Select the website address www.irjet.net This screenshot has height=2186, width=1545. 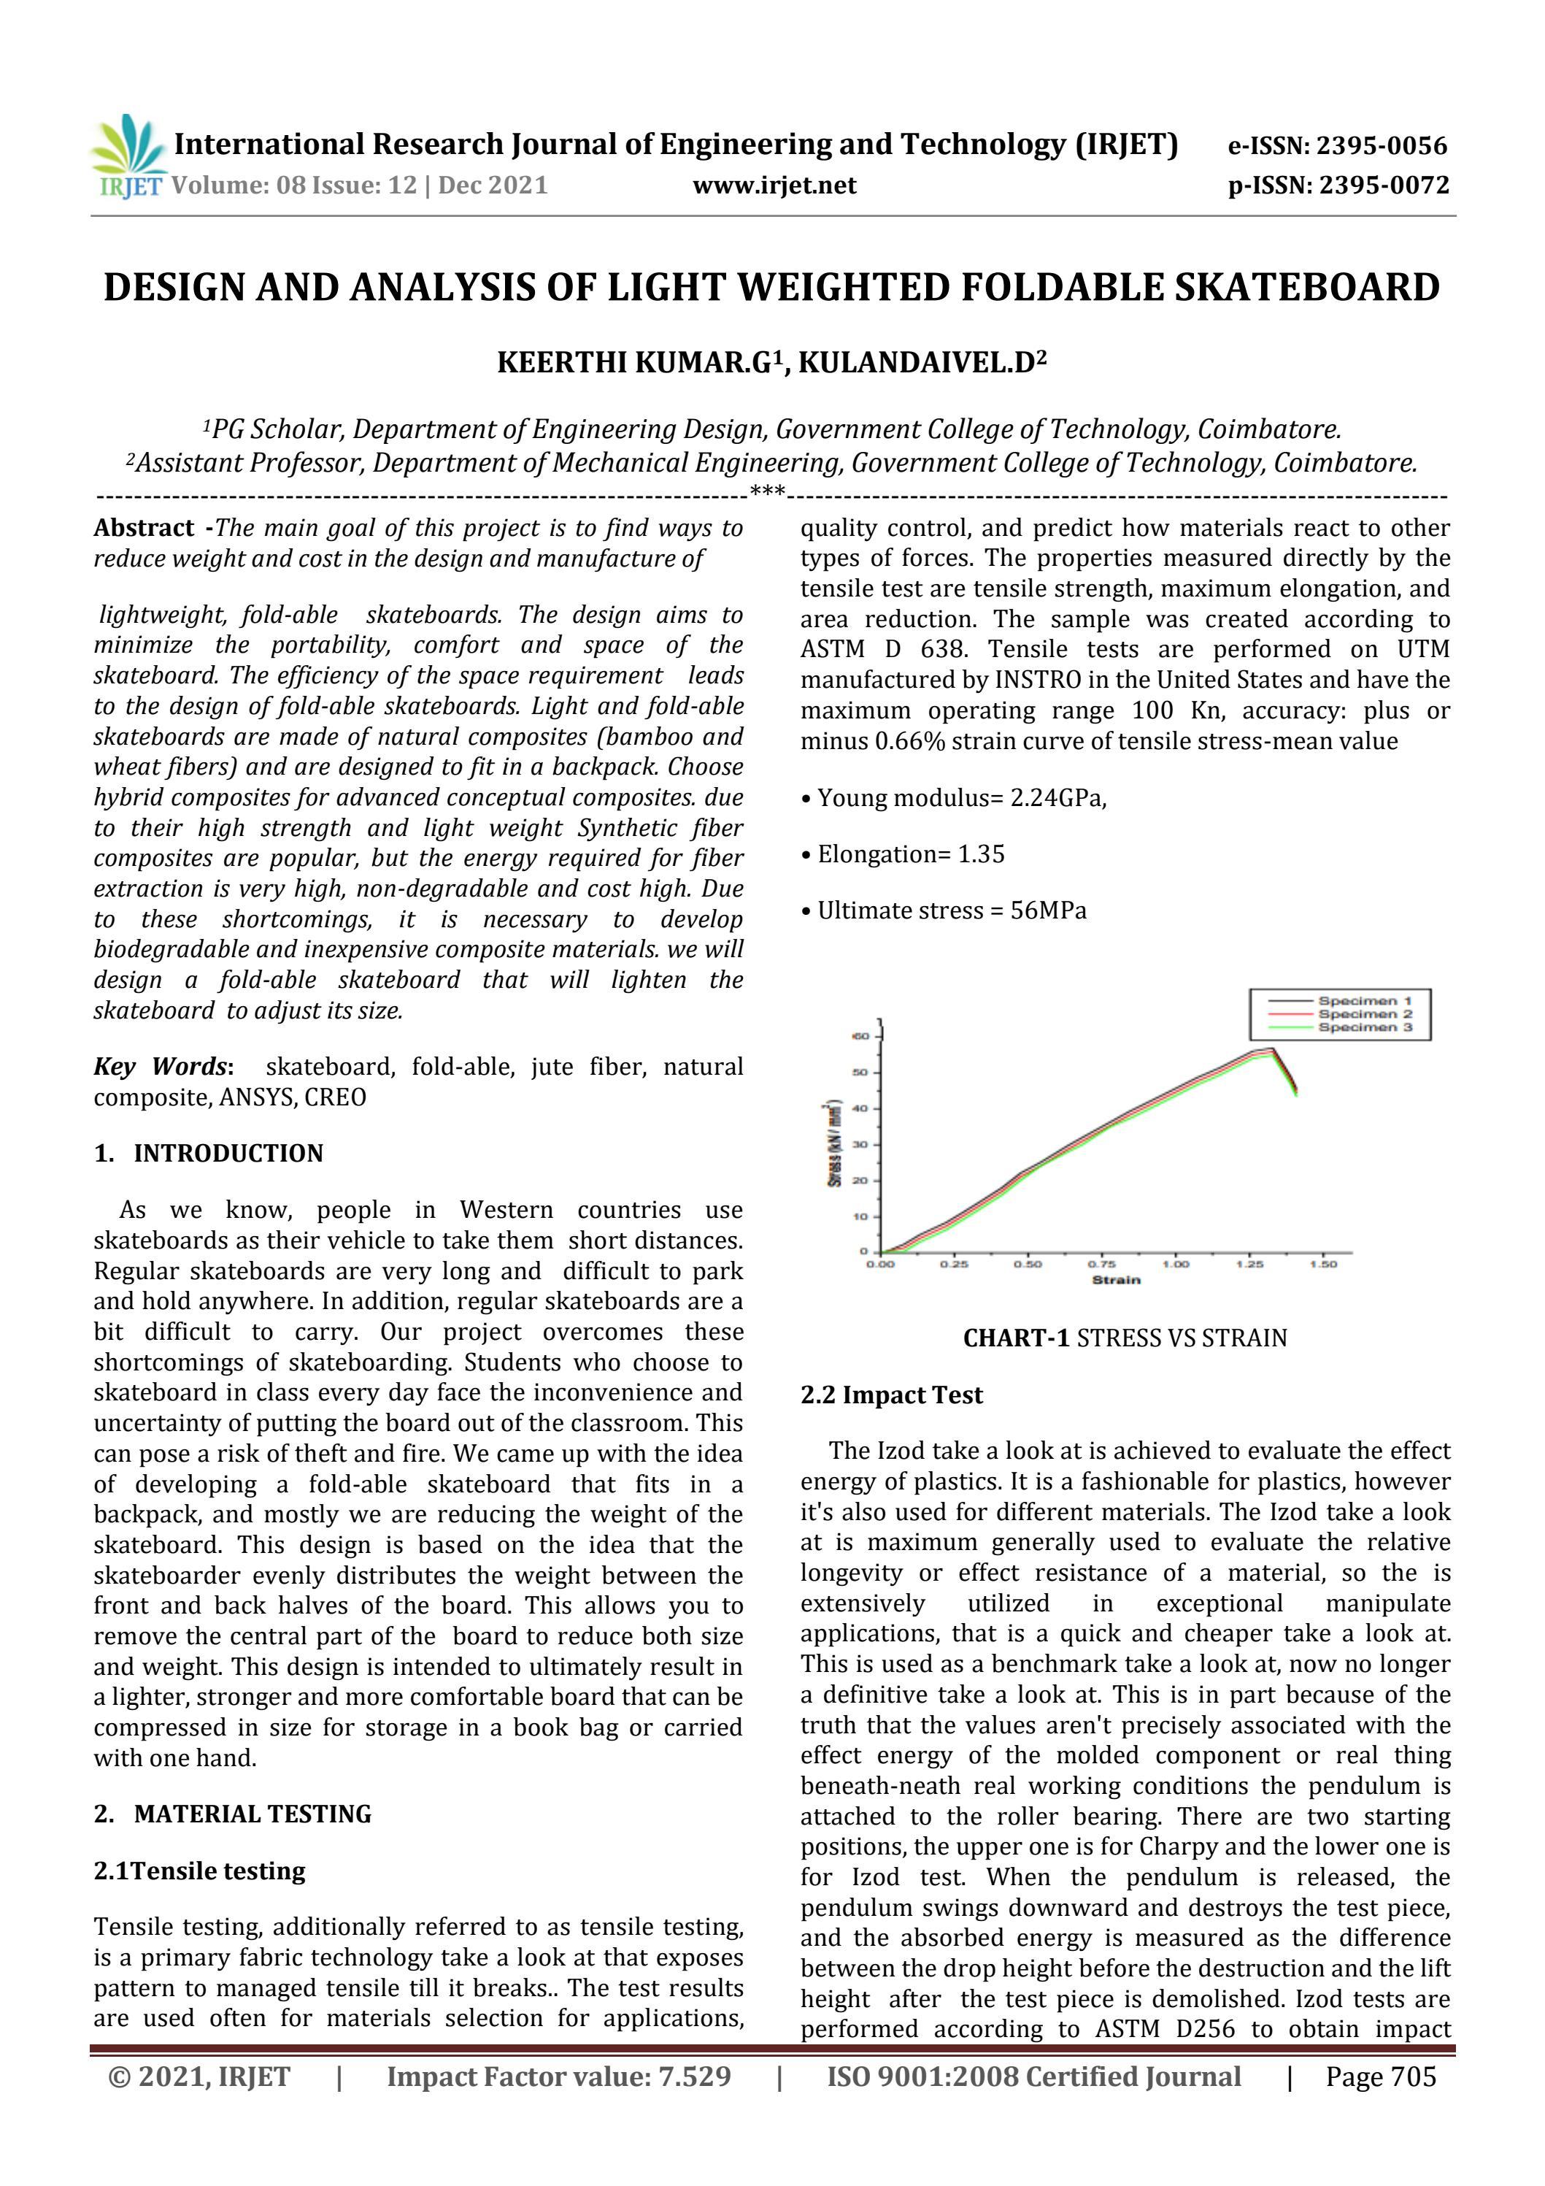(x=774, y=185)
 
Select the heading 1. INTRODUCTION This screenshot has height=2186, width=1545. (x=209, y=1153)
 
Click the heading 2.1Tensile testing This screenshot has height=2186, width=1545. (x=199, y=1871)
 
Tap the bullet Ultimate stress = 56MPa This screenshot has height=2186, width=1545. (x=951, y=911)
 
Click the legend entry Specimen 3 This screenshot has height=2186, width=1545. (x=1364, y=1028)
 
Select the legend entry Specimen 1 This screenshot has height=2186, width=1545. (x=1364, y=1001)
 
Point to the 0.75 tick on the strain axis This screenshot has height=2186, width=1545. (x=1101, y=1265)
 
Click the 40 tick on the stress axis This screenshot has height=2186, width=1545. (x=860, y=1108)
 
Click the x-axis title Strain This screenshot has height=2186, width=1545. (x=1116, y=1280)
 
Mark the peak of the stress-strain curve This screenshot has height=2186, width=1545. (x=1271, y=1049)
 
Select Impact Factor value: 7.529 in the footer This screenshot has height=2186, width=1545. (x=559, y=2076)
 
